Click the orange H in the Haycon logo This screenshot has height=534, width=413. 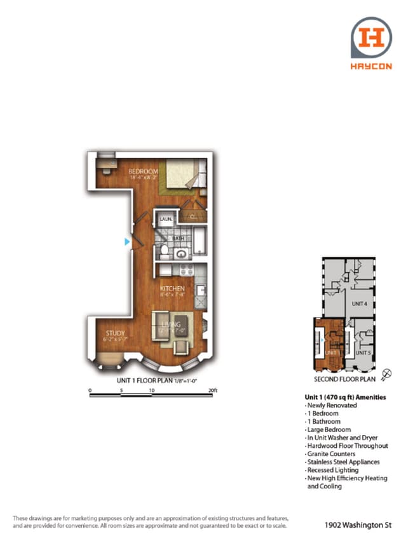tap(371, 37)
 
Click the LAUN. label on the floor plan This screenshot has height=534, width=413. tap(166, 219)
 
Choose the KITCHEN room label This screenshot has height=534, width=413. tap(172, 288)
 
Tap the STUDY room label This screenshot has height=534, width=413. tap(116, 333)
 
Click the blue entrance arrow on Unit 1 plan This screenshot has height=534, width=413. tap(128, 242)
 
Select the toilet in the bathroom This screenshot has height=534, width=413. tap(164, 251)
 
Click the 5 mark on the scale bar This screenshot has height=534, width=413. tap(121, 390)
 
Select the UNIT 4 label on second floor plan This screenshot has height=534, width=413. tap(360, 304)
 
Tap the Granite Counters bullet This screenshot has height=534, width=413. tap(331, 454)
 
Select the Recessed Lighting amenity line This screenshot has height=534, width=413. tap(332, 471)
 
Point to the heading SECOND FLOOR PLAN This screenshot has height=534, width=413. tap(344, 380)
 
